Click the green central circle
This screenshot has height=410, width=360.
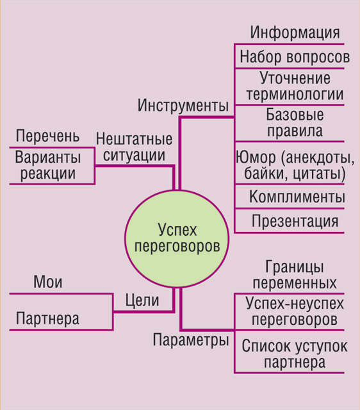[x=177, y=239]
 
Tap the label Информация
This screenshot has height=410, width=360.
[x=295, y=33]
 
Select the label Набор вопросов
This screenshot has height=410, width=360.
[x=295, y=57]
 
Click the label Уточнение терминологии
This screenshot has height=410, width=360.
[x=295, y=86]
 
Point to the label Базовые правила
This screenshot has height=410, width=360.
[x=295, y=122]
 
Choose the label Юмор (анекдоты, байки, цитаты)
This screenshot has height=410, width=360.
[x=295, y=165]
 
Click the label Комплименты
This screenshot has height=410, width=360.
[x=297, y=197]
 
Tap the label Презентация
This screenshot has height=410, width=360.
[x=295, y=221]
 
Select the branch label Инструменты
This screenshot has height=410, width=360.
[x=183, y=105]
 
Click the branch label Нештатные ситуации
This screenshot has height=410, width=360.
[x=134, y=147]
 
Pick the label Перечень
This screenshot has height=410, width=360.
[x=47, y=136]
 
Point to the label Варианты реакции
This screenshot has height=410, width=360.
[x=48, y=166]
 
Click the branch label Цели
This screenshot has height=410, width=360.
[x=142, y=300]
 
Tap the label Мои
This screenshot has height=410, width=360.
[x=48, y=282]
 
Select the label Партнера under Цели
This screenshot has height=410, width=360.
[x=47, y=319]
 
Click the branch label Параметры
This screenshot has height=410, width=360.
[x=191, y=340]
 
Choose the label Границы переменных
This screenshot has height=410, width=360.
[x=295, y=275]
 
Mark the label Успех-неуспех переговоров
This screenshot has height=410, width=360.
[x=295, y=311]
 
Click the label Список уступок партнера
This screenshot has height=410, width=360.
[x=295, y=354]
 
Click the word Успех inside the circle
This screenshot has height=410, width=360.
[x=177, y=231]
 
